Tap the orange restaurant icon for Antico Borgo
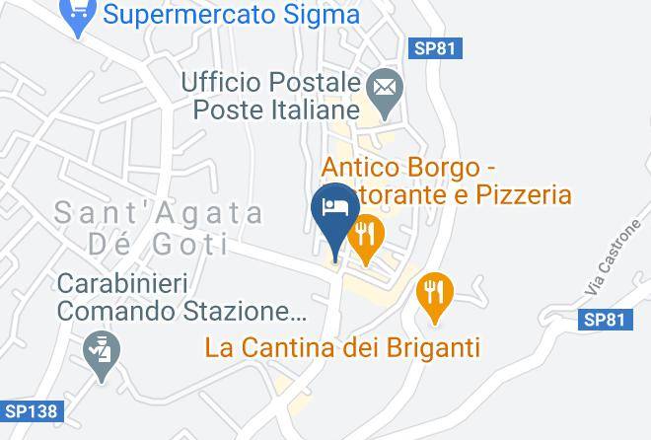(x=367, y=234)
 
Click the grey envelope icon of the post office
(x=383, y=89)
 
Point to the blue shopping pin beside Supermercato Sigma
(x=78, y=14)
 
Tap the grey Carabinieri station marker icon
(x=102, y=351)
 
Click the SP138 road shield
(x=30, y=410)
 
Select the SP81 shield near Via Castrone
(x=603, y=319)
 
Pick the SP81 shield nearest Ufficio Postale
(x=435, y=48)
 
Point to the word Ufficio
(x=219, y=83)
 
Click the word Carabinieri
(x=122, y=284)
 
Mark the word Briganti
(x=430, y=347)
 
